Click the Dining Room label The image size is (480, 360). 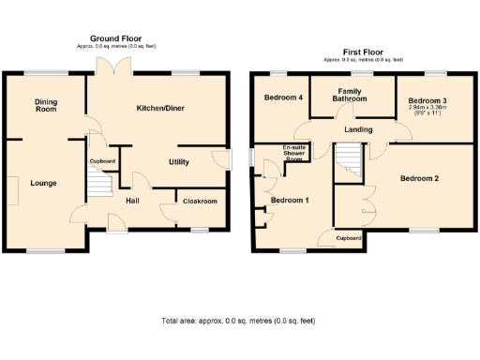point(46,105)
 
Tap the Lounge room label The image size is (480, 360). point(42,183)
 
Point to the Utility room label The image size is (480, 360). point(179,162)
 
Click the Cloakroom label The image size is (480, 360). point(200,201)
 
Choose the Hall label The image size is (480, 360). point(133,200)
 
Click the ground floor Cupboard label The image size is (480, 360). point(102,162)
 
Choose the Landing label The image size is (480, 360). point(358,129)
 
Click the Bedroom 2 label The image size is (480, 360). point(420,178)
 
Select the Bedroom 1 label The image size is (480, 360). point(290,201)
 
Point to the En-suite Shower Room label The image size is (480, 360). point(297,154)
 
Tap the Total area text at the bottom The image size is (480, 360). point(238,321)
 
